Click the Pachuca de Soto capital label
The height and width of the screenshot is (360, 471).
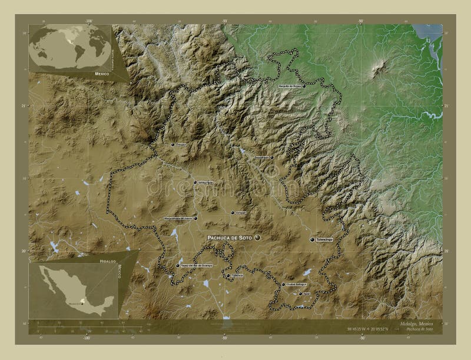point(228,237)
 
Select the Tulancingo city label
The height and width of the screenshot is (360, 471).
point(324,240)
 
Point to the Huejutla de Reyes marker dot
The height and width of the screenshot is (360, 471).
point(276,87)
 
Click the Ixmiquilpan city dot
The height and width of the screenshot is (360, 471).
point(195,182)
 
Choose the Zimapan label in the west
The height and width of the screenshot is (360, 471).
point(181,144)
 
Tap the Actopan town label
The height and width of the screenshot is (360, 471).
point(240,212)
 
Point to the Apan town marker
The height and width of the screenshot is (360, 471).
point(300,294)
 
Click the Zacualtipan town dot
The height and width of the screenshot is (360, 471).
point(272,157)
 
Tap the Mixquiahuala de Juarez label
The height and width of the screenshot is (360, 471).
point(178,218)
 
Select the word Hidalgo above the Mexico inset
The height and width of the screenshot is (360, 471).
point(108,259)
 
